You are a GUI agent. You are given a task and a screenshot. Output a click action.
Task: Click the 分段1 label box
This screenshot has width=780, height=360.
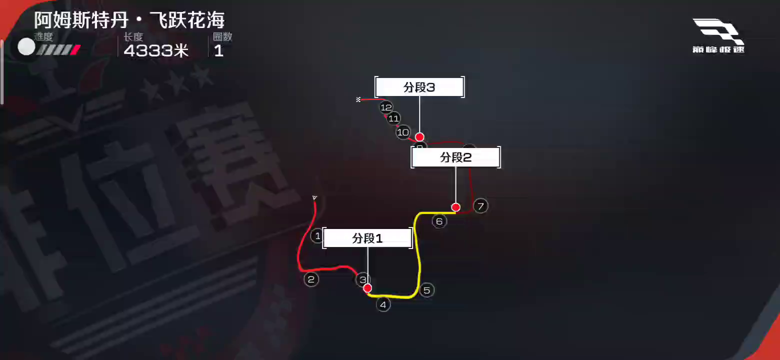[367, 238]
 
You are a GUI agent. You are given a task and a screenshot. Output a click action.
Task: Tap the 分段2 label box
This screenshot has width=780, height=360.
[455, 157]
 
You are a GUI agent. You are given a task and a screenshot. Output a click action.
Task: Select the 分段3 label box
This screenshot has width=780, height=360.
[419, 87]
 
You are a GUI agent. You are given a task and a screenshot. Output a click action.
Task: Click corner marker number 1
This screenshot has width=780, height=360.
[317, 235]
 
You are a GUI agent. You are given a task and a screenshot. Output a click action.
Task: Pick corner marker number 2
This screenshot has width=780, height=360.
[311, 279]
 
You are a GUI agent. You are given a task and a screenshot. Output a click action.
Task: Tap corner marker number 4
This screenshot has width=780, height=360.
[383, 304]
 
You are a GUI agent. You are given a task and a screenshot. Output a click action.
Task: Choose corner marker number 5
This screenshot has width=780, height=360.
[426, 290]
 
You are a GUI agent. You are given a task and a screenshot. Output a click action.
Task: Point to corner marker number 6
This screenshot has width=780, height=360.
[439, 221]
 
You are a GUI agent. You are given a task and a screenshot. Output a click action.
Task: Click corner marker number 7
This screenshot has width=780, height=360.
[480, 205]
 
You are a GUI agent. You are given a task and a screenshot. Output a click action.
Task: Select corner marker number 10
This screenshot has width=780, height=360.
[403, 132]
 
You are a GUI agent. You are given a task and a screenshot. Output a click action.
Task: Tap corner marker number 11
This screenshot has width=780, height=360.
[393, 118]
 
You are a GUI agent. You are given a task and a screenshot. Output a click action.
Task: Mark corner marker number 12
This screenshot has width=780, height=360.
[386, 107]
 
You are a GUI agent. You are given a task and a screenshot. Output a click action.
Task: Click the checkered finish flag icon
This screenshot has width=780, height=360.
[358, 99]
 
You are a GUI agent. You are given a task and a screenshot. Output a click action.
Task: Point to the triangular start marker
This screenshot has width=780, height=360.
[314, 198]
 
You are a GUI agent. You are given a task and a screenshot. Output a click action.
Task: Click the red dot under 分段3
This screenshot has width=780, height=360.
[419, 137]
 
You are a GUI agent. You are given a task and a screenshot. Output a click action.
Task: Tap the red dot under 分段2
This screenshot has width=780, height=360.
[455, 207]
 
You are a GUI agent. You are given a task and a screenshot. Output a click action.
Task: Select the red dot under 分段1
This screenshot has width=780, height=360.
[367, 288]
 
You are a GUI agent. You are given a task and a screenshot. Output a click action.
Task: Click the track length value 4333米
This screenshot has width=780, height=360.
[156, 50]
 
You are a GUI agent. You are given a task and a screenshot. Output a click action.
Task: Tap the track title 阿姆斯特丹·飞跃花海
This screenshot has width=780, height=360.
[129, 20]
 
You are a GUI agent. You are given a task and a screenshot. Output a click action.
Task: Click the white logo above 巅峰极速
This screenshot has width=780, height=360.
[717, 31]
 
